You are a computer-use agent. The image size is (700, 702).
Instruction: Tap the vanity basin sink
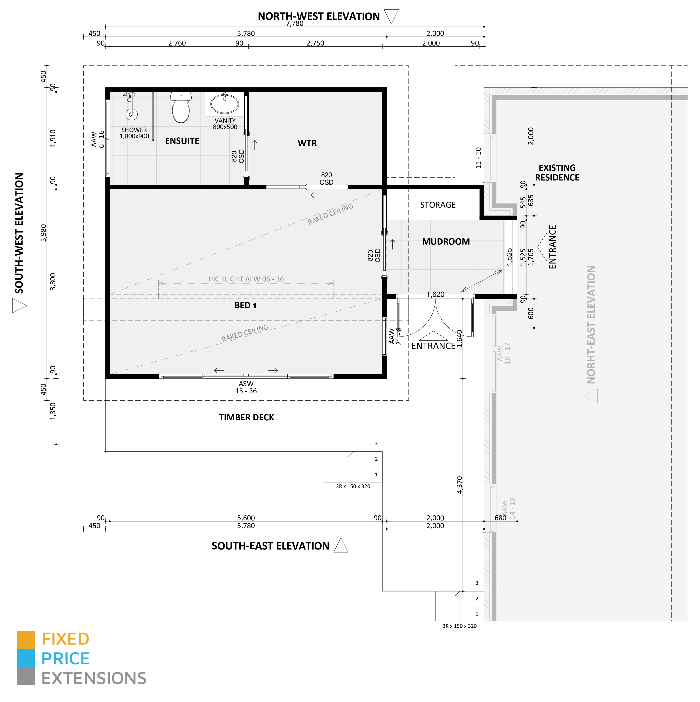pos(225,104)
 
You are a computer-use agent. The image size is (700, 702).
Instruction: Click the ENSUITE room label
pos(182,141)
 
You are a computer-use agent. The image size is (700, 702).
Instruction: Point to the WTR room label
pos(307,143)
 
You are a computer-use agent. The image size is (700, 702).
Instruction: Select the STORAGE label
pos(437,205)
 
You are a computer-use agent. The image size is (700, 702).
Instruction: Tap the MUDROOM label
pos(446,242)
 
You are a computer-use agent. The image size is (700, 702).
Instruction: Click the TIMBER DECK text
pos(246,417)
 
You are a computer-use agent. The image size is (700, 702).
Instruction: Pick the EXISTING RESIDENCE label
pos(557,173)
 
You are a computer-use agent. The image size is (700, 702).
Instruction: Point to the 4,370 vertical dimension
pos(460,485)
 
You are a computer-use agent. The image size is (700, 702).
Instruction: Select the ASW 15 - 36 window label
pos(246,387)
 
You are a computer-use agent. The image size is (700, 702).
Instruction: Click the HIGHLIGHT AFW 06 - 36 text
pos(246,279)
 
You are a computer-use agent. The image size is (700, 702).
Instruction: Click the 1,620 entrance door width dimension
pos(435,294)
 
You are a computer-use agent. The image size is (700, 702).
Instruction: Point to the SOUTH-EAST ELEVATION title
pos(270,546)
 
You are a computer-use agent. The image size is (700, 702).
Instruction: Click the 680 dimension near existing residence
pos(500,518)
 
